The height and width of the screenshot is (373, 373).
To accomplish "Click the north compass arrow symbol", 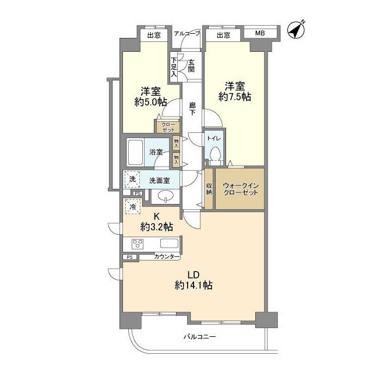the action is (296, 30).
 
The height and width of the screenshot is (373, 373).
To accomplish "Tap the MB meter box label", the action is (260, 33).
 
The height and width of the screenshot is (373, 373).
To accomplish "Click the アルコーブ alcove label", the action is (186, 34).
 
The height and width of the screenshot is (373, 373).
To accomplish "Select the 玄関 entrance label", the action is (191, 66).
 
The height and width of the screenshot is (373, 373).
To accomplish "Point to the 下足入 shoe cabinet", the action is (174, 67).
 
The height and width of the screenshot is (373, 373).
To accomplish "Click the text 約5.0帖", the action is (150, 102).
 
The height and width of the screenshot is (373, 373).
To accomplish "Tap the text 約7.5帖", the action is (235, 97).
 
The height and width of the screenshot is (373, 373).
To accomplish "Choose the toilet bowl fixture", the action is (216, 155).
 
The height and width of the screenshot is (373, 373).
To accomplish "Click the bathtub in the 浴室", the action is (135, 153).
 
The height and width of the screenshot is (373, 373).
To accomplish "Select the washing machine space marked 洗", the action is (132, 180).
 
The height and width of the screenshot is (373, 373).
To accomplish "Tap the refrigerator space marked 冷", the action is (133, 207).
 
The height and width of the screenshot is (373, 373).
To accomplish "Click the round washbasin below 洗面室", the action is (165, 196).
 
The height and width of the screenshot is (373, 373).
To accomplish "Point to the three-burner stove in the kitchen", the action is (138, 244).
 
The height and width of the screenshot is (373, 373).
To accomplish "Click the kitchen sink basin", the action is (170, 244).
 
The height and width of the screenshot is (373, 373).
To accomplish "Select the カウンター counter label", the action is (167, 256).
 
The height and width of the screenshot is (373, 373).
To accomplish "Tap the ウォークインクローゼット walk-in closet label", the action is (241, 189).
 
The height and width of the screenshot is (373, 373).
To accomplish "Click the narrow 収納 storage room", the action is (209, 189).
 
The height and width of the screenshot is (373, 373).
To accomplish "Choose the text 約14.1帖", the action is (193, 285).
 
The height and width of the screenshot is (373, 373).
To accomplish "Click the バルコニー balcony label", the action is (199, 337).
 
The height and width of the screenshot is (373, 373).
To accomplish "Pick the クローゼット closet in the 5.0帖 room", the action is (168, 127).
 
